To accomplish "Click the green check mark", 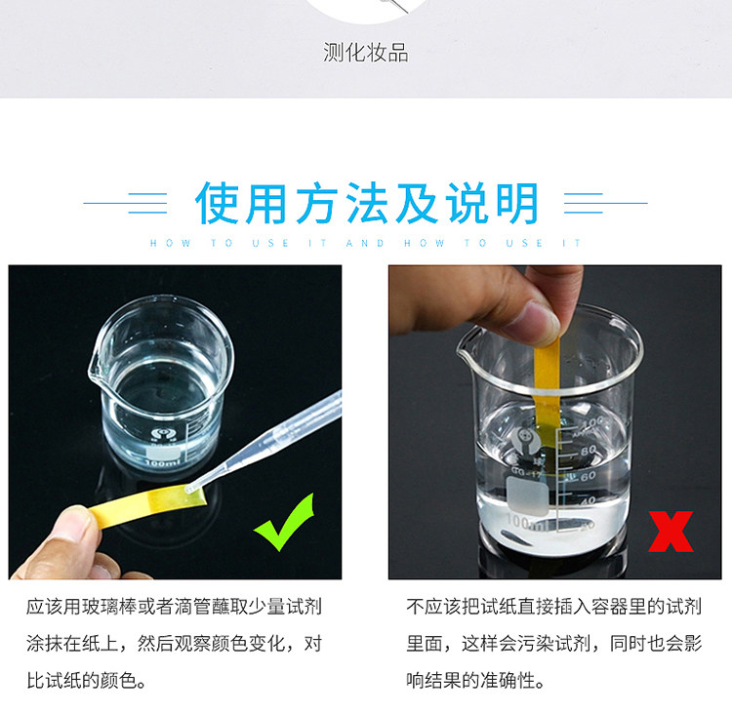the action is (x=283, y=524).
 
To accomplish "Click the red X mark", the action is (x=671, y=532).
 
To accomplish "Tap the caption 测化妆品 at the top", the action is (x=366, y=53).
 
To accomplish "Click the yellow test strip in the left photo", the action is (x=148, y=505).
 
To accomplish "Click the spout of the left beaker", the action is (x=95, y=371).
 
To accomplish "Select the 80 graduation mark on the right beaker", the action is (x=589, y=451).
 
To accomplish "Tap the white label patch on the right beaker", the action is (x=527, y=496).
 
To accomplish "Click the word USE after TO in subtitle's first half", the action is (x=270, y=243).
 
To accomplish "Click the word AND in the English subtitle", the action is (x=365, y=243).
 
